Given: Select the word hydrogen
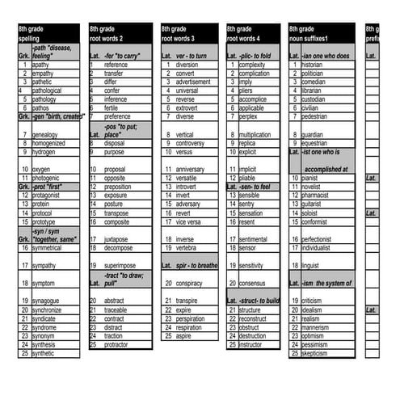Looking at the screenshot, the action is [x=44, y=152].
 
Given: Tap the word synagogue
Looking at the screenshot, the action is [x=47, y=301].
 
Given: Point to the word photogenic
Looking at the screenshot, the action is [x=45, y=178].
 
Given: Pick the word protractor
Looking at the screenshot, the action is [x=116, y=344].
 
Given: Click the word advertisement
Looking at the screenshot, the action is [x=193, y=82].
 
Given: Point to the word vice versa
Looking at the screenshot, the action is [x=188, y=221].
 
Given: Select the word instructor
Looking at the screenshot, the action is [x=251, y=344].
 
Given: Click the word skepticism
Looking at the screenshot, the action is [x=314, y=353].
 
